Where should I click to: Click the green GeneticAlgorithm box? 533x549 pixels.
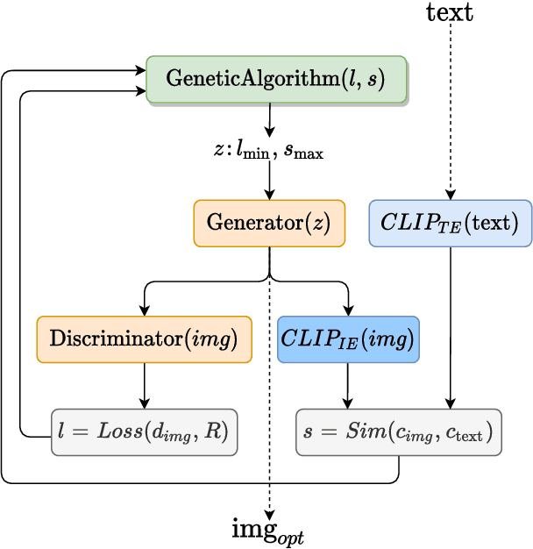pos(276,80)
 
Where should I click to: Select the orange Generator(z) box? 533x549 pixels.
pos(269,222)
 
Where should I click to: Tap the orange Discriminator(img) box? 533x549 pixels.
pos(144,339)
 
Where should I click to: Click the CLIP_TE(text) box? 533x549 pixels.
pos(451,222)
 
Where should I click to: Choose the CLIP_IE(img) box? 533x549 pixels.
pos(348,339)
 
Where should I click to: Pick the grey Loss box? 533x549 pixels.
pos(144,431)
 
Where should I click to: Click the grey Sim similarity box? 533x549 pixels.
pos(398,431)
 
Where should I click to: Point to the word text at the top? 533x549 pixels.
pos(450,12)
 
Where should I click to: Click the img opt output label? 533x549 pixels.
pos(268,531)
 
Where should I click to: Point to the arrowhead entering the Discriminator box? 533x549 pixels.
pos(144,310)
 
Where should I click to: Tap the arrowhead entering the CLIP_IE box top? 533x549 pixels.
pos(348,310)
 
